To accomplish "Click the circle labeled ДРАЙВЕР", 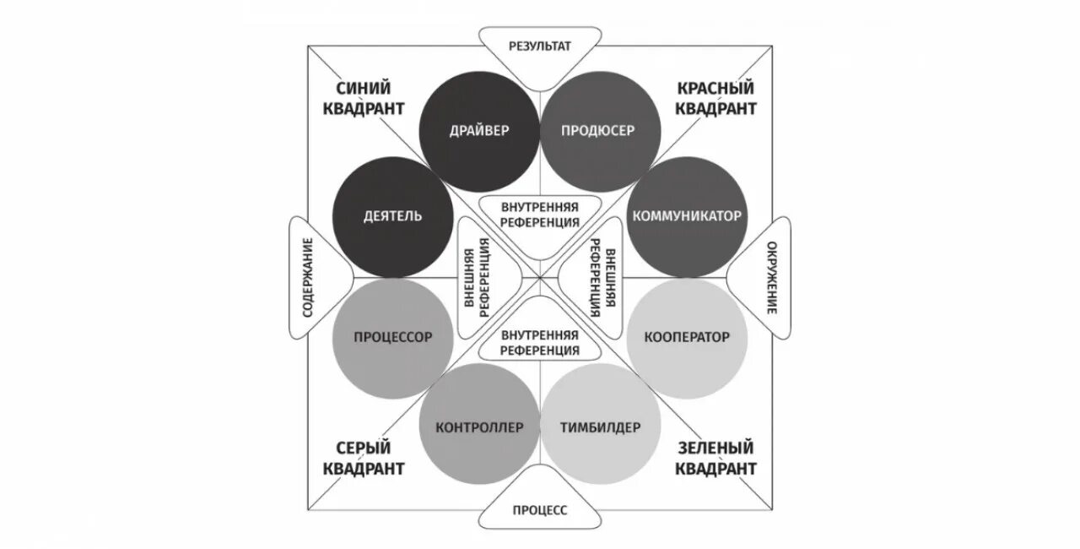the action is (480, 131).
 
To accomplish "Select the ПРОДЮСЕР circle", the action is (598, 131).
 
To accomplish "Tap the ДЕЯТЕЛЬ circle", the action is (392, 216).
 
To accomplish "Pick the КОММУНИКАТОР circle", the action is (686, 216).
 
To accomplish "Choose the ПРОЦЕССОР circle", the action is (392, 337).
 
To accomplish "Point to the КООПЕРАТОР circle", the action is (686, 337).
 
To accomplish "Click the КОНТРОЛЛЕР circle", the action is (480, 427).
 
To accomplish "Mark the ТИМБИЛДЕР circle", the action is (599, 427).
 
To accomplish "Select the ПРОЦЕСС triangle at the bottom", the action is (540, 509).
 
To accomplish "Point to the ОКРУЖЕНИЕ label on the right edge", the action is (770, 278).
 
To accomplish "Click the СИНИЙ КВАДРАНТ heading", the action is (367, 98).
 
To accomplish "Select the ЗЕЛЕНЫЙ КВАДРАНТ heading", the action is (715, 457).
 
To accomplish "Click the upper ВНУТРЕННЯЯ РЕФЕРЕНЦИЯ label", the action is (540, 215).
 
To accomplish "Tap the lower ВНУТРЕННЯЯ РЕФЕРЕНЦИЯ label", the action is (540, 342).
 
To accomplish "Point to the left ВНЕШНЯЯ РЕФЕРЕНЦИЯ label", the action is (478, 277).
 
